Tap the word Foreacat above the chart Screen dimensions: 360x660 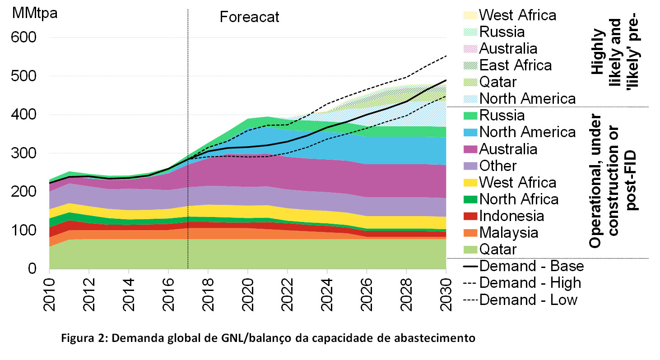tap(250, 17)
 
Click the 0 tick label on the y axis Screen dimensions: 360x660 tap(32, 269)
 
